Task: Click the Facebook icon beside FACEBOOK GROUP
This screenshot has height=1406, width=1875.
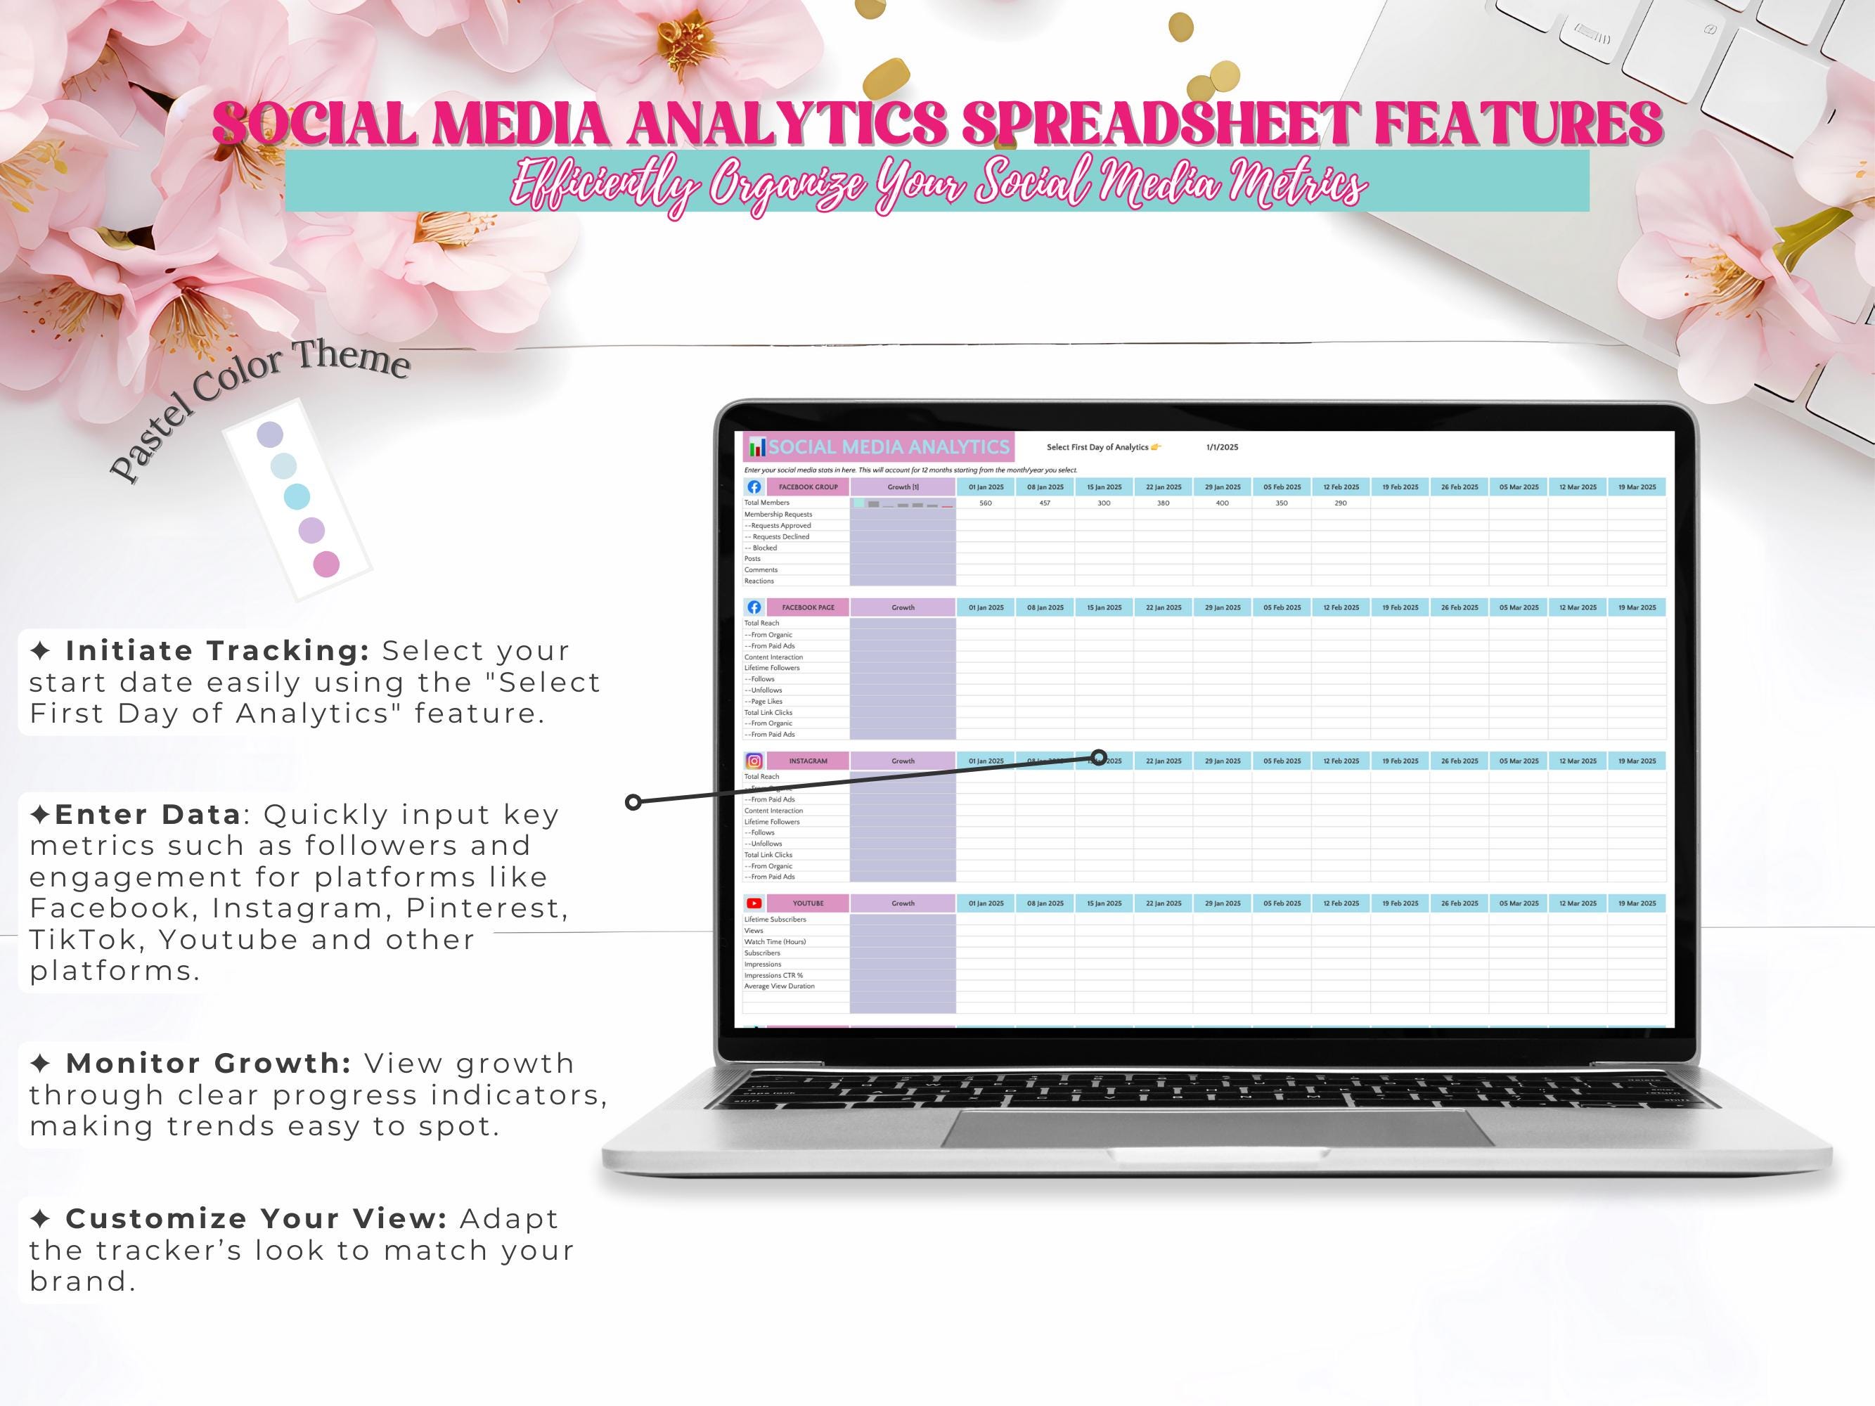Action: pos(754,487)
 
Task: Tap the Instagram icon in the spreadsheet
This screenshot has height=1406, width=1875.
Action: pos(754,761)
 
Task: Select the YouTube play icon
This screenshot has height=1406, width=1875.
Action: pos(754,903)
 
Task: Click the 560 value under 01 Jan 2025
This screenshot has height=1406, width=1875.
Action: pos(985,503)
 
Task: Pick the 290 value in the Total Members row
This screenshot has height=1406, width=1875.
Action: pos(1340,503)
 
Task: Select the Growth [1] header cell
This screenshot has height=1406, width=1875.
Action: pos(903,487)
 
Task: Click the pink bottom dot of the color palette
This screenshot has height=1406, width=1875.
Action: pos(326,564)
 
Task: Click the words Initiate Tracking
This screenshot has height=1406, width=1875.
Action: pos(217,651)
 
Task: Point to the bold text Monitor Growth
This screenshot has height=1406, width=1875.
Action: pos(209,1064)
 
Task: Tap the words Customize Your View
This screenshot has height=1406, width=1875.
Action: pos(256,1219)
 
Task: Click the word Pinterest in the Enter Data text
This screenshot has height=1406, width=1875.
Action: pos(486,908)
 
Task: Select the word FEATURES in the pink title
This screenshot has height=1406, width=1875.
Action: pos(1517,124)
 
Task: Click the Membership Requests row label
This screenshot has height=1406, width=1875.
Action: pos(778,515)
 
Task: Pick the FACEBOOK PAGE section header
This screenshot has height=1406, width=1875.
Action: pos(808,607)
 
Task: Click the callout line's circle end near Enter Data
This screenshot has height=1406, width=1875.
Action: pos(632,801)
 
